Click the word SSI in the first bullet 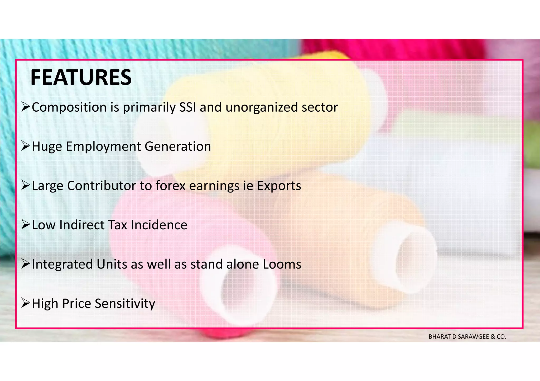[x=187, y=107]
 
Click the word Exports [x=279, y=186]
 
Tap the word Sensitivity [x=125, y=304]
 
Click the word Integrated [x=62, y=264]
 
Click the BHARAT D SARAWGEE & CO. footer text [x=467, y=337]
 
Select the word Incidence [x=159, y=225]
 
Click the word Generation [x=178, y=146]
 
